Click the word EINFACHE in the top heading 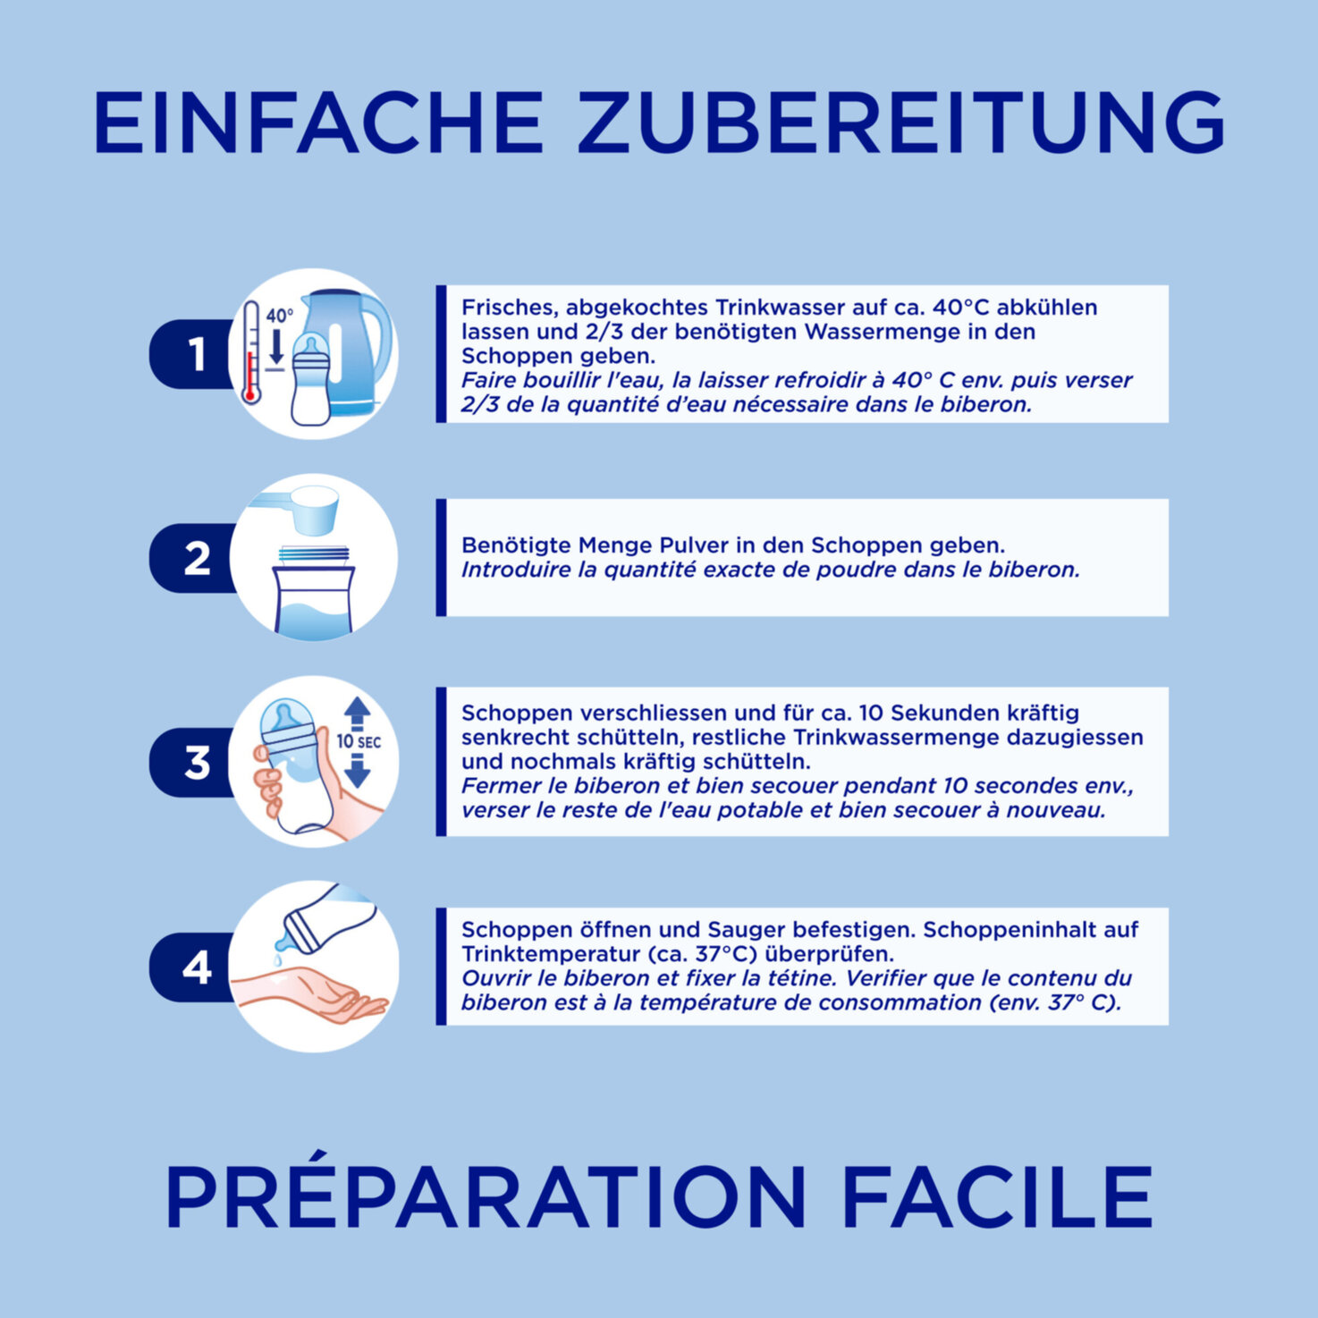pyautogui.click(x=318, y=122)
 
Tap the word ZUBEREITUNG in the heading pyautogui.click(x=900, y=122)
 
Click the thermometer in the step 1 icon pyautogui.click(x=251, y=353)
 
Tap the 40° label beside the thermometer pyautogui.click(x=279, y=316)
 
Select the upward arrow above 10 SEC pyautogui.click(x=357, y=714)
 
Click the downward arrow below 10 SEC pyautogui.click(x=357, y=770)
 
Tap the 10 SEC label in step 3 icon pyautogui.click(x=359, y=742)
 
